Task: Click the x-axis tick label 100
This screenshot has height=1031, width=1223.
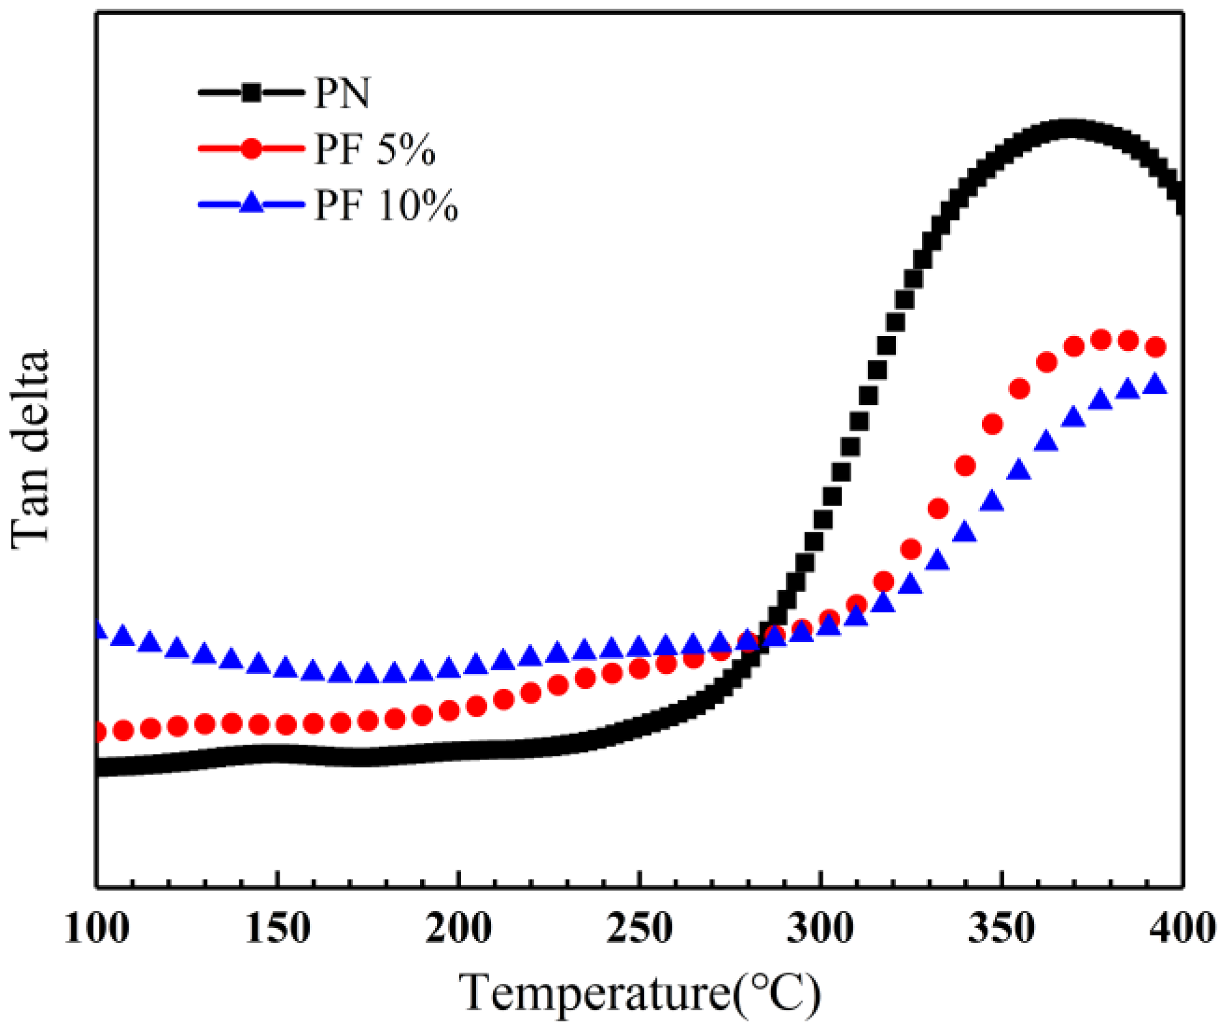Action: click(x=97, y=929)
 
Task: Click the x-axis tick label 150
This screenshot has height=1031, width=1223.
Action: click(x=278, y=929)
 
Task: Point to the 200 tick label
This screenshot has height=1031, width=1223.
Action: click(x=459, y=929)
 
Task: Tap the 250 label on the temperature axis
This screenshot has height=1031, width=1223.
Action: click(x=639, y=929)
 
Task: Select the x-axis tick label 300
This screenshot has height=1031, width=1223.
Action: click(x=820, y=929)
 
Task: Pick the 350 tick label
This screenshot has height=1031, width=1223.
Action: click(x=1001, y=929)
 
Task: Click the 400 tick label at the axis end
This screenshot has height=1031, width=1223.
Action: click(x=1181, y=929)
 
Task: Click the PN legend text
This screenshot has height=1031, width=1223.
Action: click(x=342, y=94)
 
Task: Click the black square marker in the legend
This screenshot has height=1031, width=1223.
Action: click(x=252, y=93)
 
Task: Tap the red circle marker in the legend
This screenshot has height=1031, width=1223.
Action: click(x=252, y=149)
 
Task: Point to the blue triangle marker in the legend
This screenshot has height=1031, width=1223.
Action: click(x=252, y=203)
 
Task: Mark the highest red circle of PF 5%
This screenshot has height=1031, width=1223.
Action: click(x=1101, y=340)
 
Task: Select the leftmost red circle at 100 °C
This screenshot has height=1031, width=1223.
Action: click(x=98, y=732)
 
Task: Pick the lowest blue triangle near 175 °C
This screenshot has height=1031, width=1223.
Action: click(x=367, y=673)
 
